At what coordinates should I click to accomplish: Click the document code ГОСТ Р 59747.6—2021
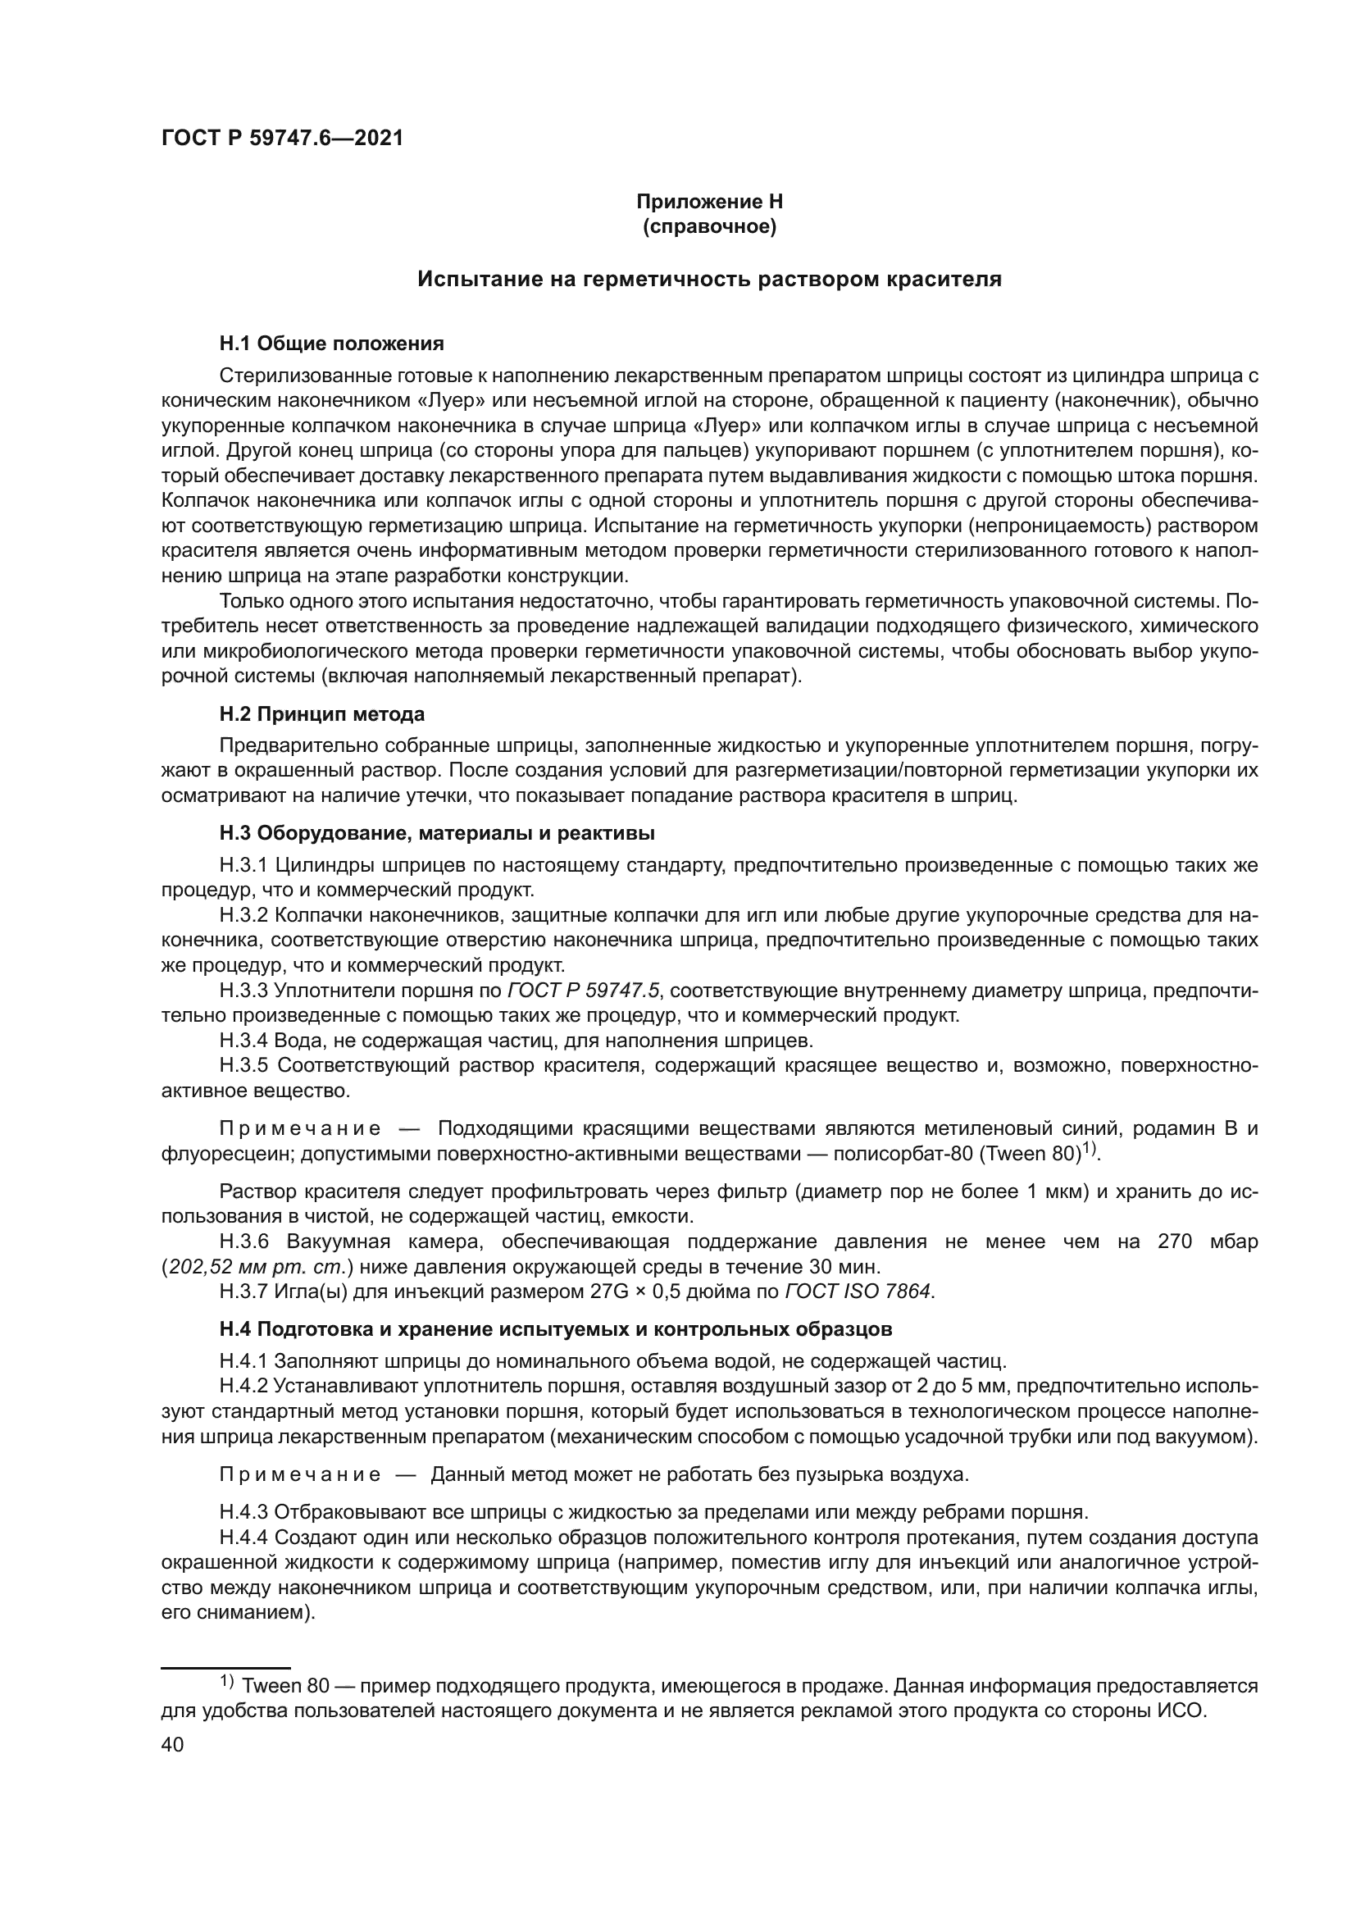click(x=282, y=139)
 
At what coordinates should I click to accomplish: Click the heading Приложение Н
click(x=709, y=202)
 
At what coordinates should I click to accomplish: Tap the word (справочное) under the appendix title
click(x=709, y=226)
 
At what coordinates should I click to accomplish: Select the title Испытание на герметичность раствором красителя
click(x=709, y=279)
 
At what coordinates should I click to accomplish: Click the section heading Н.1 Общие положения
click(x=331, y=344)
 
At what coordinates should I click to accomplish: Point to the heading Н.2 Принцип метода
click(x=321, y=714)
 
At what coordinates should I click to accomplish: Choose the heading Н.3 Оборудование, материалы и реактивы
click(x=437, y=833)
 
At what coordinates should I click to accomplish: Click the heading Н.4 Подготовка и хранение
click(x=555, y=1329)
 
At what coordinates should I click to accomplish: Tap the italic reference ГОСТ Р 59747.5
click(x=584, y=991)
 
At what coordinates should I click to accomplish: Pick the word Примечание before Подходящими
click(x=300, y=1129)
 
